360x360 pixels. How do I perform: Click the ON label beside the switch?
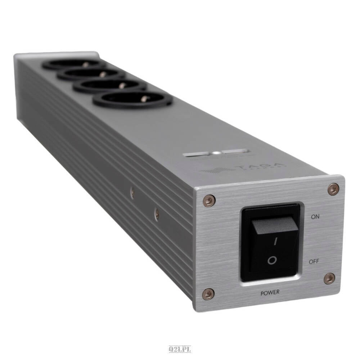pyautogui.click(x=315, y=217)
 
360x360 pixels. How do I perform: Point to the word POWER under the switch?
pyautogui.click(x=270, y=293)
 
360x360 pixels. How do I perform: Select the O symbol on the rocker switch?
pyautogui.click(x=273, y=260)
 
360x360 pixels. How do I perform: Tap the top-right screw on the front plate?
pyautogui.click(x=333, y=189)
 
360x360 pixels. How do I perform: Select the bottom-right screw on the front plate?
pyautogui.click(x=329, y=278)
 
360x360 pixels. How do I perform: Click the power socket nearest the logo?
pyautogui.click(x=132, y=99)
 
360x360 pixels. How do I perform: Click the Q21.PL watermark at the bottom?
pyautogui.click(x=180, y=349)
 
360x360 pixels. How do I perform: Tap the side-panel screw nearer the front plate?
pyautogui.click(x=157, y=214)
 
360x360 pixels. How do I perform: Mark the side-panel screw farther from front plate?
pyautogui.click(x=132, y=193)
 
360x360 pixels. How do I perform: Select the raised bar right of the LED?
pyautogui.click(x=234, y=151)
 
